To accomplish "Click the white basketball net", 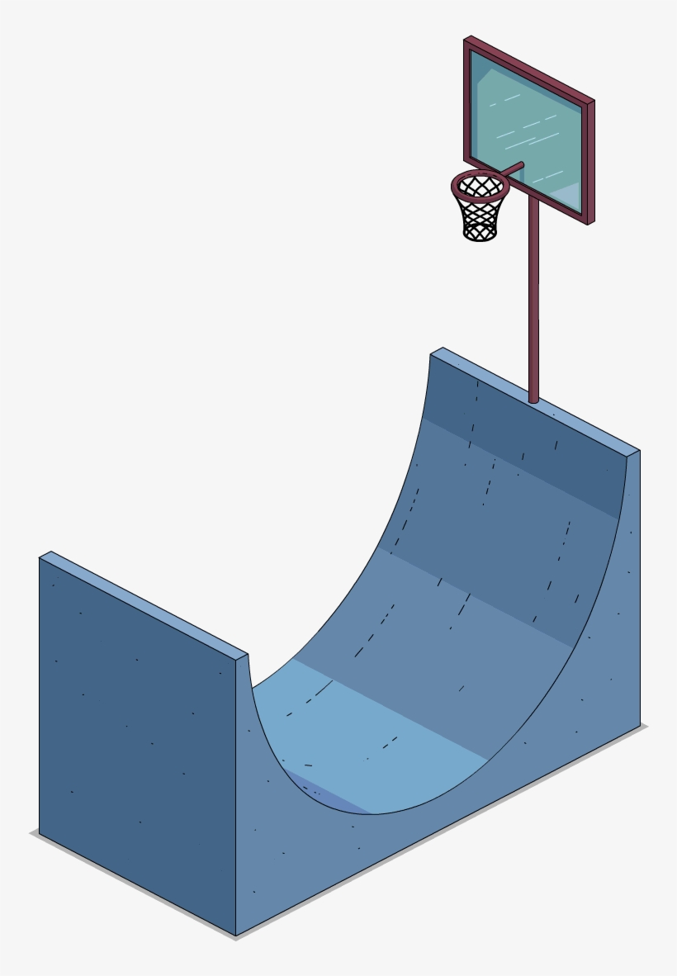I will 480,216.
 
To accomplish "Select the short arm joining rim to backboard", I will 513,169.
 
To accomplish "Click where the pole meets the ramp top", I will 533,400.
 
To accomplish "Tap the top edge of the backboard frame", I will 528,68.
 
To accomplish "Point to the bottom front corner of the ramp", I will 236,936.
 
